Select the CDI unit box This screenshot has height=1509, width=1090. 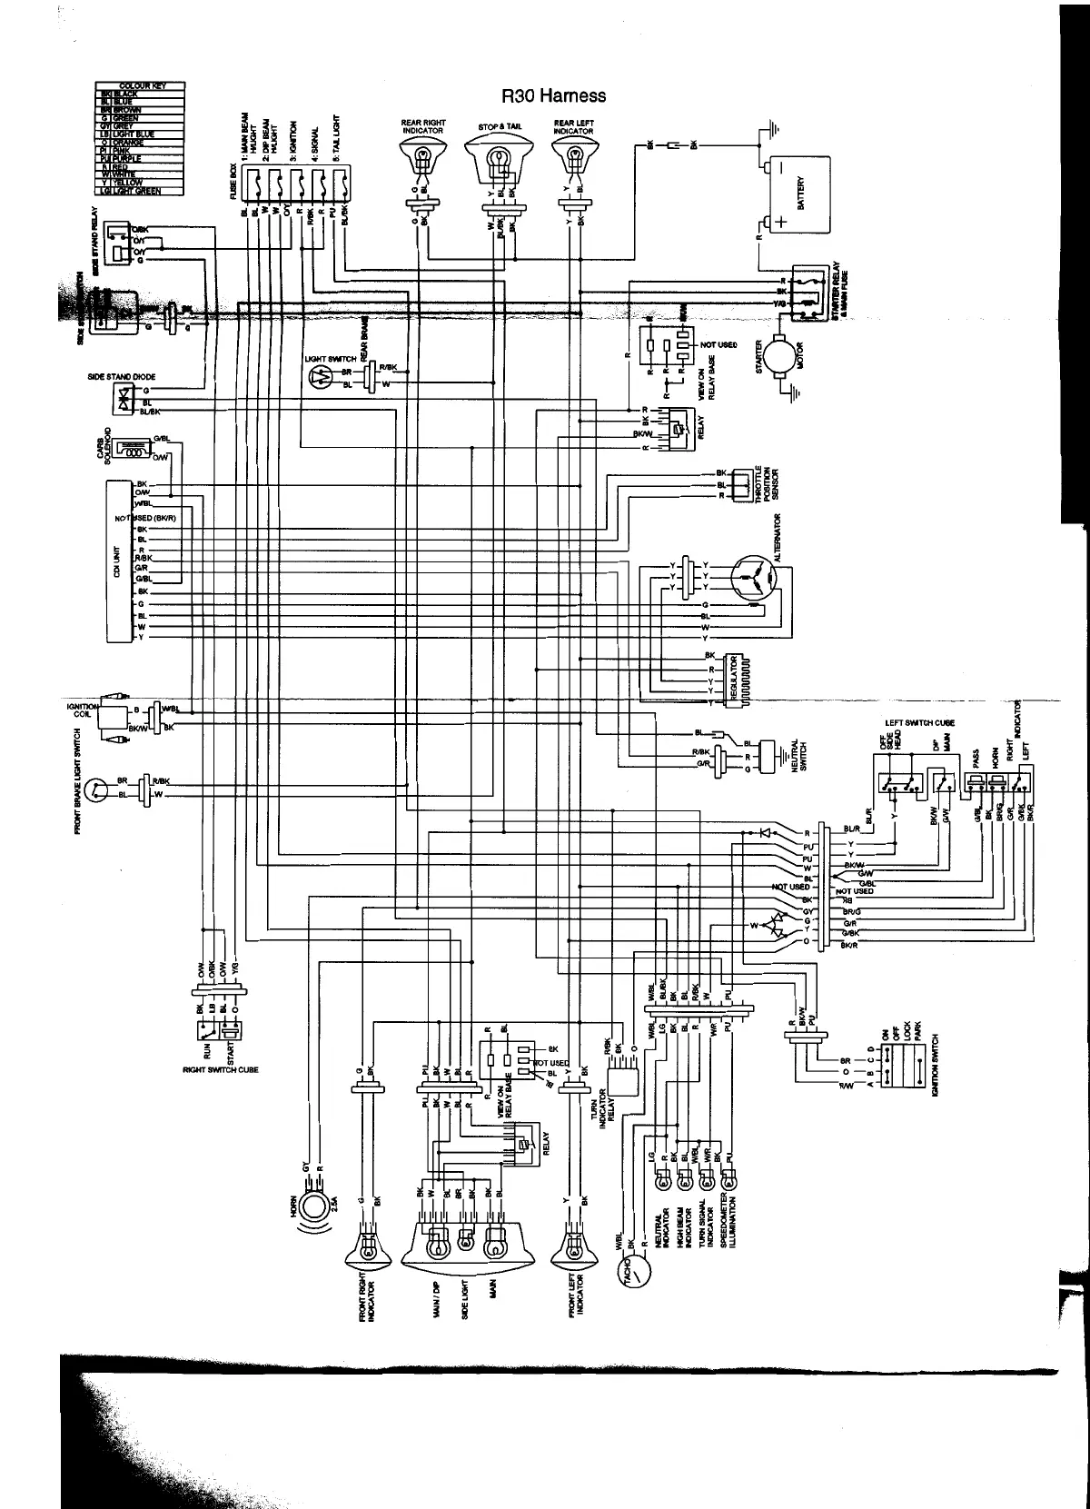coord(118,561)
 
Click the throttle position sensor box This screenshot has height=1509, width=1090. coord(743,484)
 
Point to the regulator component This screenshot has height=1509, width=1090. coord(741,679)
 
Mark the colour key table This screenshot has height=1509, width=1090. coord(140,138)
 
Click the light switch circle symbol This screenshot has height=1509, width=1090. coord(318,379)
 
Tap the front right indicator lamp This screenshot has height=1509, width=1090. coord(368,1253)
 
